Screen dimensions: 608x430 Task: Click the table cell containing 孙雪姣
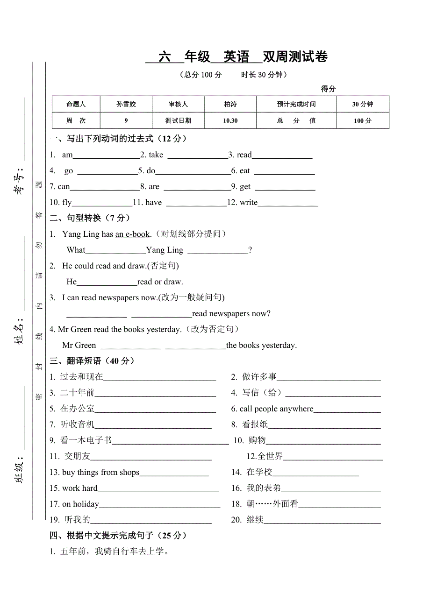(126, 104)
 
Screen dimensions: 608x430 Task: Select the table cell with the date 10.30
(230, 120)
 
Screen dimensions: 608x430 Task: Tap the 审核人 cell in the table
(178, 104)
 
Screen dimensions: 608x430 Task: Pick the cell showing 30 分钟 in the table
(362, 104)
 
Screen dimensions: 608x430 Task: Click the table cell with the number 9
(126, 120)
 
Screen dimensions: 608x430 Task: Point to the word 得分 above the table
(328, 89)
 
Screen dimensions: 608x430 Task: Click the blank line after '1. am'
(106, 156)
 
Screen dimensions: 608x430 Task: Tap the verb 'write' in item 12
(249, 203)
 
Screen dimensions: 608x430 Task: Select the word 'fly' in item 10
(67, 203)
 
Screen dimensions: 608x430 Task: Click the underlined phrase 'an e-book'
(132, 234)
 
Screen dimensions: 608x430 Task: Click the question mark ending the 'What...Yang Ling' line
(250, 250)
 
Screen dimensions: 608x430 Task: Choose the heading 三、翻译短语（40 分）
(92, 361)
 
